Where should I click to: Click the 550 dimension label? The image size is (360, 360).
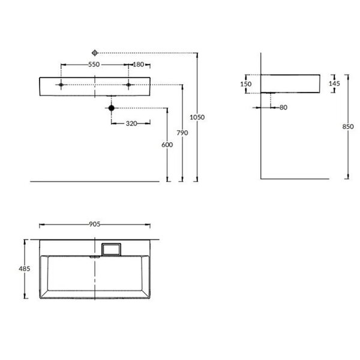(94, 65)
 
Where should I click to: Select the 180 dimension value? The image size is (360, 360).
(139, 65)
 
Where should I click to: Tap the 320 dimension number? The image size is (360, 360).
(131, 124)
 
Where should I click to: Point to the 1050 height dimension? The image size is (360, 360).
(197, 118)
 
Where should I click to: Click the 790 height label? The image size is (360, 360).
(182, 133)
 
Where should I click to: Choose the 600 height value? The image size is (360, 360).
(167, 145)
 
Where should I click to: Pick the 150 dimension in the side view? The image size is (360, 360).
(246, 84)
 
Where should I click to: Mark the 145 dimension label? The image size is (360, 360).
(334, 83)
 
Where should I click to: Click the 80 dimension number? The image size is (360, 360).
(284, 107)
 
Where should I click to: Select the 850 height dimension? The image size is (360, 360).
(348, 127)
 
